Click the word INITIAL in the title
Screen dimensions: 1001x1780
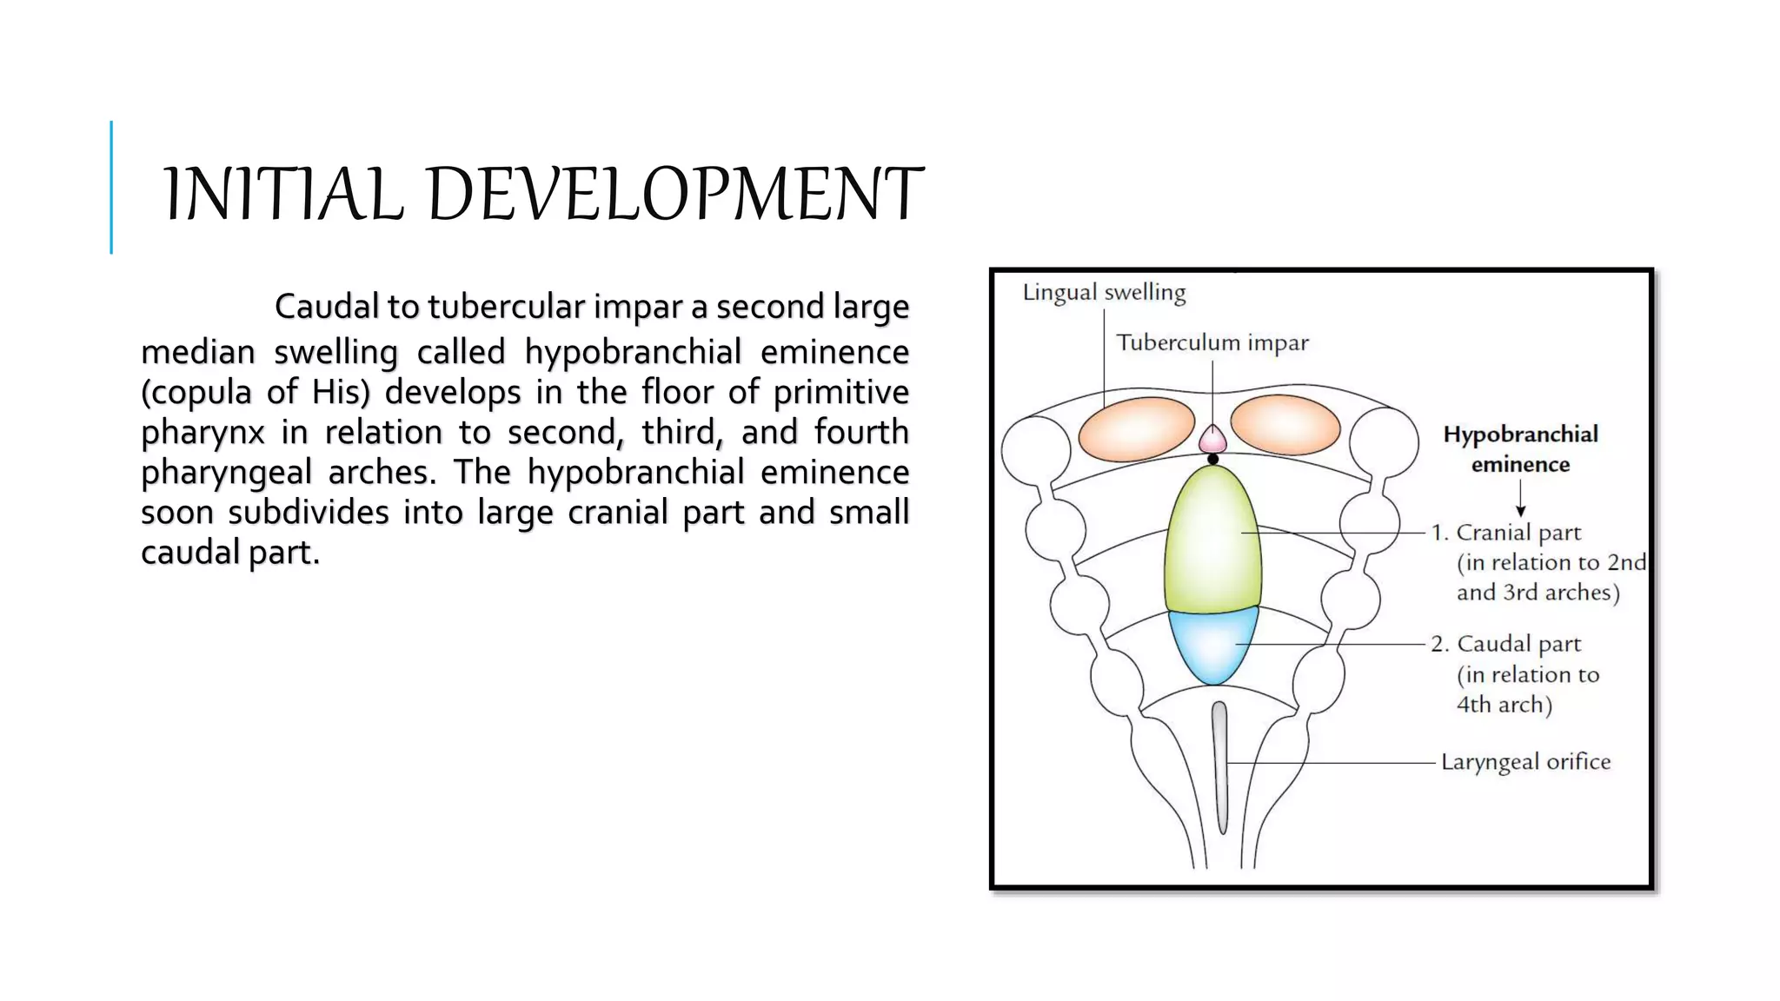[283, 194]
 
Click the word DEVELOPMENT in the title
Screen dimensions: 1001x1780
[674, 194]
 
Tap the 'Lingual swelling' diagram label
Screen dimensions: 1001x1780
[1104, 293]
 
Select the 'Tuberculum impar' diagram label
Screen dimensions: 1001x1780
[1212, 343]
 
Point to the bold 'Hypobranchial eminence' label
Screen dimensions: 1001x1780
[1520, 449]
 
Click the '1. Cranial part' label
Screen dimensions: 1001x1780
[1506, 533]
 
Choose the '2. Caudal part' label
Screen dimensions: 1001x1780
[1506, 644]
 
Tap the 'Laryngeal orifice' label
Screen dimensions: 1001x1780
[1525, 762]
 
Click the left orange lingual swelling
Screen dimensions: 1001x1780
[1136, 428]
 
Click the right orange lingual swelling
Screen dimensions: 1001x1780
[1285, 425]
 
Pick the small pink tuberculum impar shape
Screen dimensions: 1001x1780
[1212, 439]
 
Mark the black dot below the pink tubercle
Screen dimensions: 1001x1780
[1213, 459]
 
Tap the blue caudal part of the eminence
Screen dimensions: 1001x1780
[1213, 645]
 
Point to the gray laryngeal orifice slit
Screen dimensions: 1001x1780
[1220, 765]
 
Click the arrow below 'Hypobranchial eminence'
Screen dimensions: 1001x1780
[1521, 499]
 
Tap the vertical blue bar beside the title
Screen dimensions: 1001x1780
[111, 187]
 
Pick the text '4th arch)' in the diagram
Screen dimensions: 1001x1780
[1504, 705]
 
